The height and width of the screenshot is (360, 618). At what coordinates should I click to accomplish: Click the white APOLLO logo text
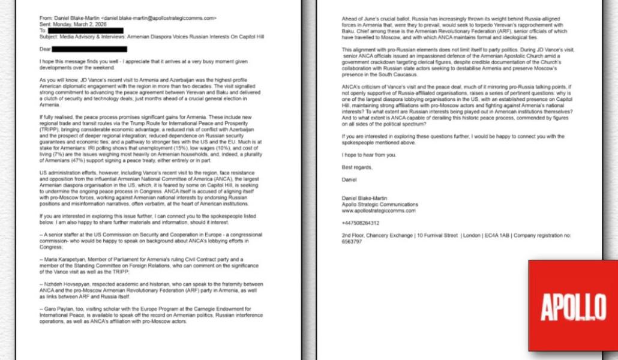point(573,307)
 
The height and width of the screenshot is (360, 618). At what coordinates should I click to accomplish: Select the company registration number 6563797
point(352,241)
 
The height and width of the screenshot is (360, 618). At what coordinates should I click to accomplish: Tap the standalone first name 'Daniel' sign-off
point(349,179)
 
